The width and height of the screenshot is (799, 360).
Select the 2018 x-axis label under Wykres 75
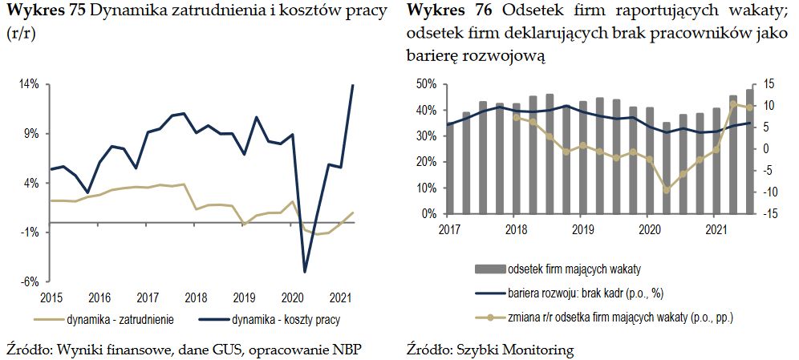click(x=196, y=297)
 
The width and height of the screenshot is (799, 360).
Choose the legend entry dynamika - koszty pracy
click(x=285, y=319)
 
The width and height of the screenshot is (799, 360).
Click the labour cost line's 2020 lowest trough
click(x=305, y=272)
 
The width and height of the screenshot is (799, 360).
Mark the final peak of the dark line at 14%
click(x=353, y=85)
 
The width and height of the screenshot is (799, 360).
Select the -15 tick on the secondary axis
click(x=772, y=214)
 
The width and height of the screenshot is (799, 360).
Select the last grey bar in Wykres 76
click(x=749, y=152)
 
